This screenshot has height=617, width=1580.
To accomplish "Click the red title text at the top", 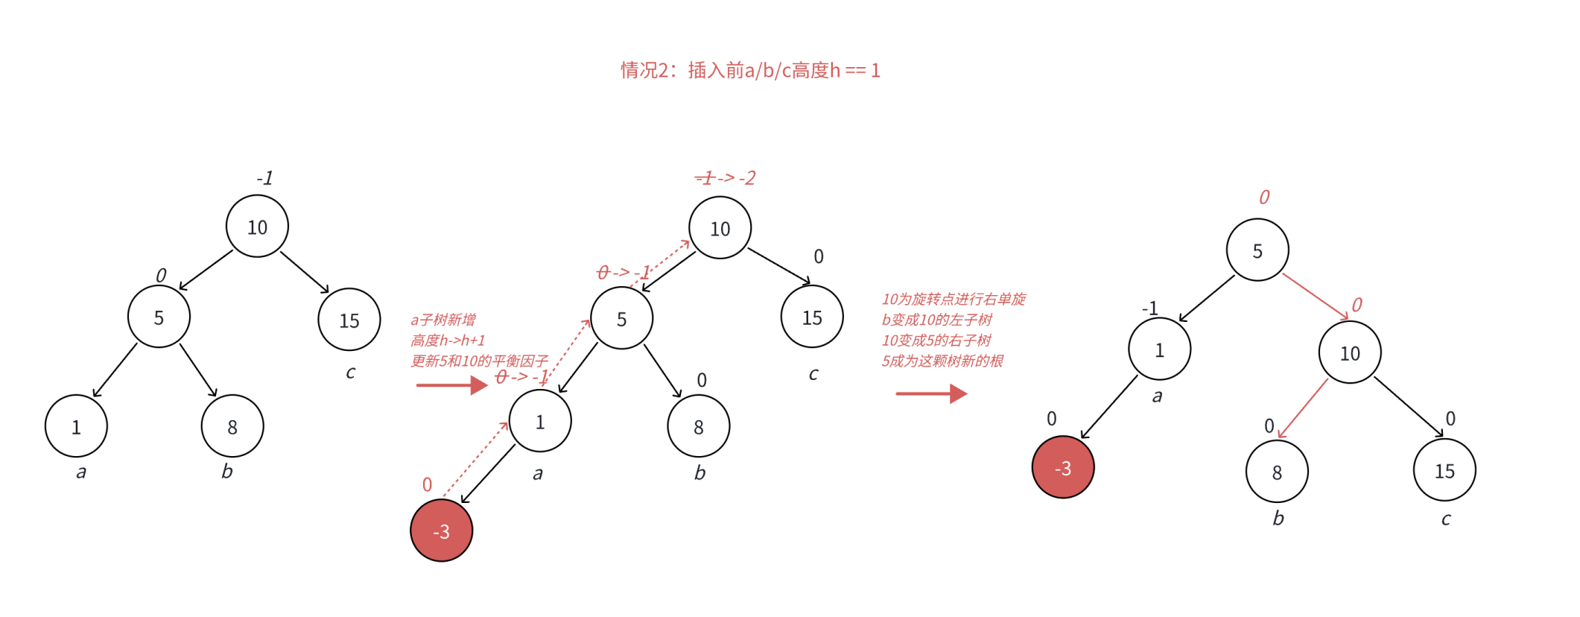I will pos(750,71).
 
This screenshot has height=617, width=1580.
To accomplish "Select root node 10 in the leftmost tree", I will pos(257,227).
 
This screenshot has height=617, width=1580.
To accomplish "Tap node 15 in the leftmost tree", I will pos(349,320).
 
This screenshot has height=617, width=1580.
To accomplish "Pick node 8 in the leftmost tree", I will pos(232,426).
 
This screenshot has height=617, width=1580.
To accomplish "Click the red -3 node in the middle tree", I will pos(441,531).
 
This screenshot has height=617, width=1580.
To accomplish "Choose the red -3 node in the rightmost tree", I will pos(1062,467).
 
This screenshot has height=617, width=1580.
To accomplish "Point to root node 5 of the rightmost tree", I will pos(1257,250).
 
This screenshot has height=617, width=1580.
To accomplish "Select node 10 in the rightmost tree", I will pos(1349,352).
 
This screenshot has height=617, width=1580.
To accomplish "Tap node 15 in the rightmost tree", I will pos(1444,470).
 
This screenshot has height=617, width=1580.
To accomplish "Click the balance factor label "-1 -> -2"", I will pos(725,178).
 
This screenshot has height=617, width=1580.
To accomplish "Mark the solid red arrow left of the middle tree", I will pos(451,385).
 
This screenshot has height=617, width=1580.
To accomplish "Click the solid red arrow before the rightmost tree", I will pos(930,393).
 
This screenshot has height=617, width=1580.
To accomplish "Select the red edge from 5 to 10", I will pos(1315,297).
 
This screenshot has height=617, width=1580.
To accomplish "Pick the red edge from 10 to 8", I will pos(1303,408).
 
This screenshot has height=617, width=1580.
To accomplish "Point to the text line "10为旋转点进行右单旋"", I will pos(954,300).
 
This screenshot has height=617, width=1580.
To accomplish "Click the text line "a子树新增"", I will pos(443,320).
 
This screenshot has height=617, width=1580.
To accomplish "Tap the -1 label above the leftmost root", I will pos(264,179).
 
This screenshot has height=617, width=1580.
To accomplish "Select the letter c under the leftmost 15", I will pos(350,372).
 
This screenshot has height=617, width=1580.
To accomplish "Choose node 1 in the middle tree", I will pos(540,422).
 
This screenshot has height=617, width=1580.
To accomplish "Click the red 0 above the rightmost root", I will pos(1264,197).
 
